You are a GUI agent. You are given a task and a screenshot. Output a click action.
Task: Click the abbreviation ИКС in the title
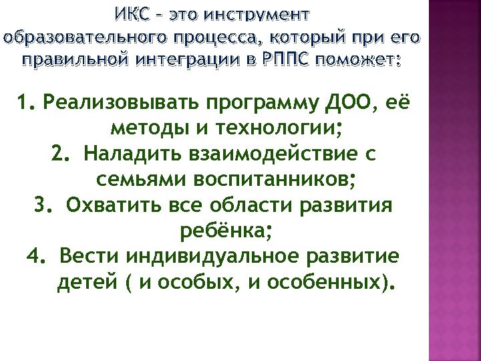pyautogui.click(x=133, y=14)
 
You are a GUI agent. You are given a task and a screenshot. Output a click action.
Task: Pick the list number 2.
pyautogui.click(x=61, y=154)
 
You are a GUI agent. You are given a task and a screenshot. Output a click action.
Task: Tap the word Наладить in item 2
pyautogui.click(x=131, y=154)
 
